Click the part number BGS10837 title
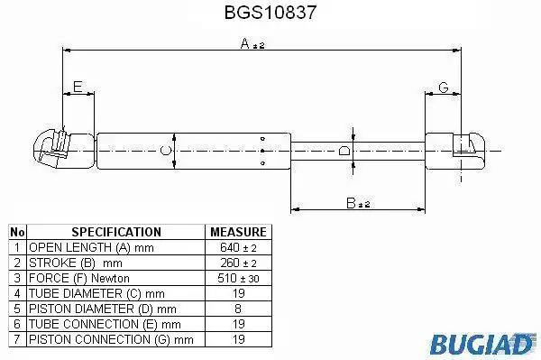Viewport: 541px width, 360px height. (270, 13)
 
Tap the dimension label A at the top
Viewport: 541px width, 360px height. (244, 44)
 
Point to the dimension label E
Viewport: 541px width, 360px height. (78, 87)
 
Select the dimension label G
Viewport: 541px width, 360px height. (444, 88)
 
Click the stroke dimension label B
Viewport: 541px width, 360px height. (351, 203)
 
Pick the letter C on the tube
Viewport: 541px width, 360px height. (166, 151)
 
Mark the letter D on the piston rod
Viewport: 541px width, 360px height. (344, 151)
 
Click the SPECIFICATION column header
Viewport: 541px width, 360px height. (116, 232)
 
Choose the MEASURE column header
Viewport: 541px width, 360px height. (238, 232)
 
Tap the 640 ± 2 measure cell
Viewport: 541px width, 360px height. (238, 247)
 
